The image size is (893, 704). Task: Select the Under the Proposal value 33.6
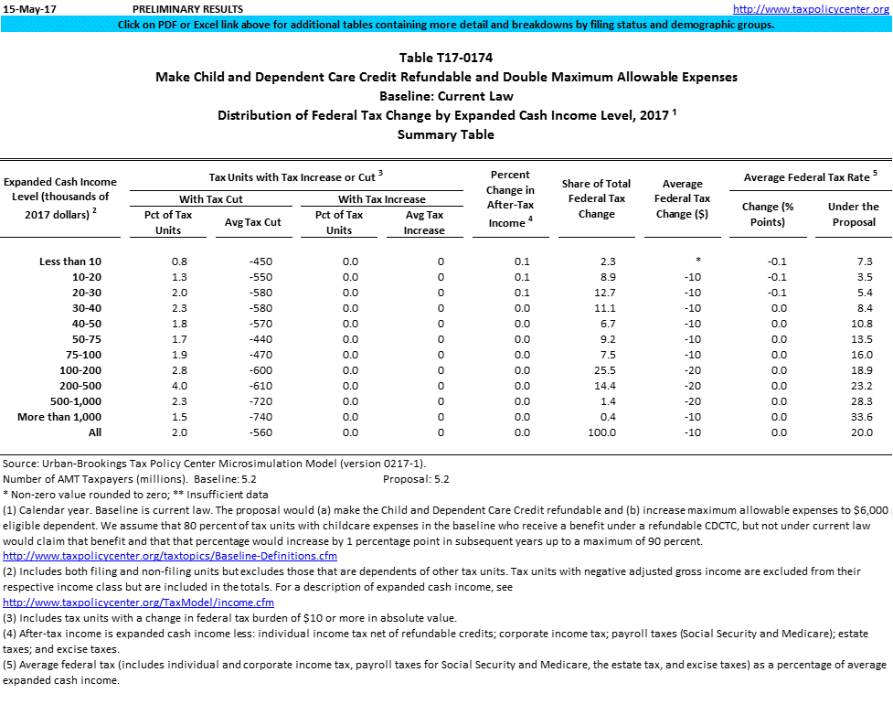tap(853, 417)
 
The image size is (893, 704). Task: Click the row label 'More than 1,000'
tap(59, 417)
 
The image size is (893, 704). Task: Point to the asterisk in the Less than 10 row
tap(697, 261)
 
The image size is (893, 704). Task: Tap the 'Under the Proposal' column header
tap(853, 214)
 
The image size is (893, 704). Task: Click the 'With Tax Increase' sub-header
tap(382, 199)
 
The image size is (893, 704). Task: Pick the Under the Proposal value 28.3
tap(853, 401)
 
